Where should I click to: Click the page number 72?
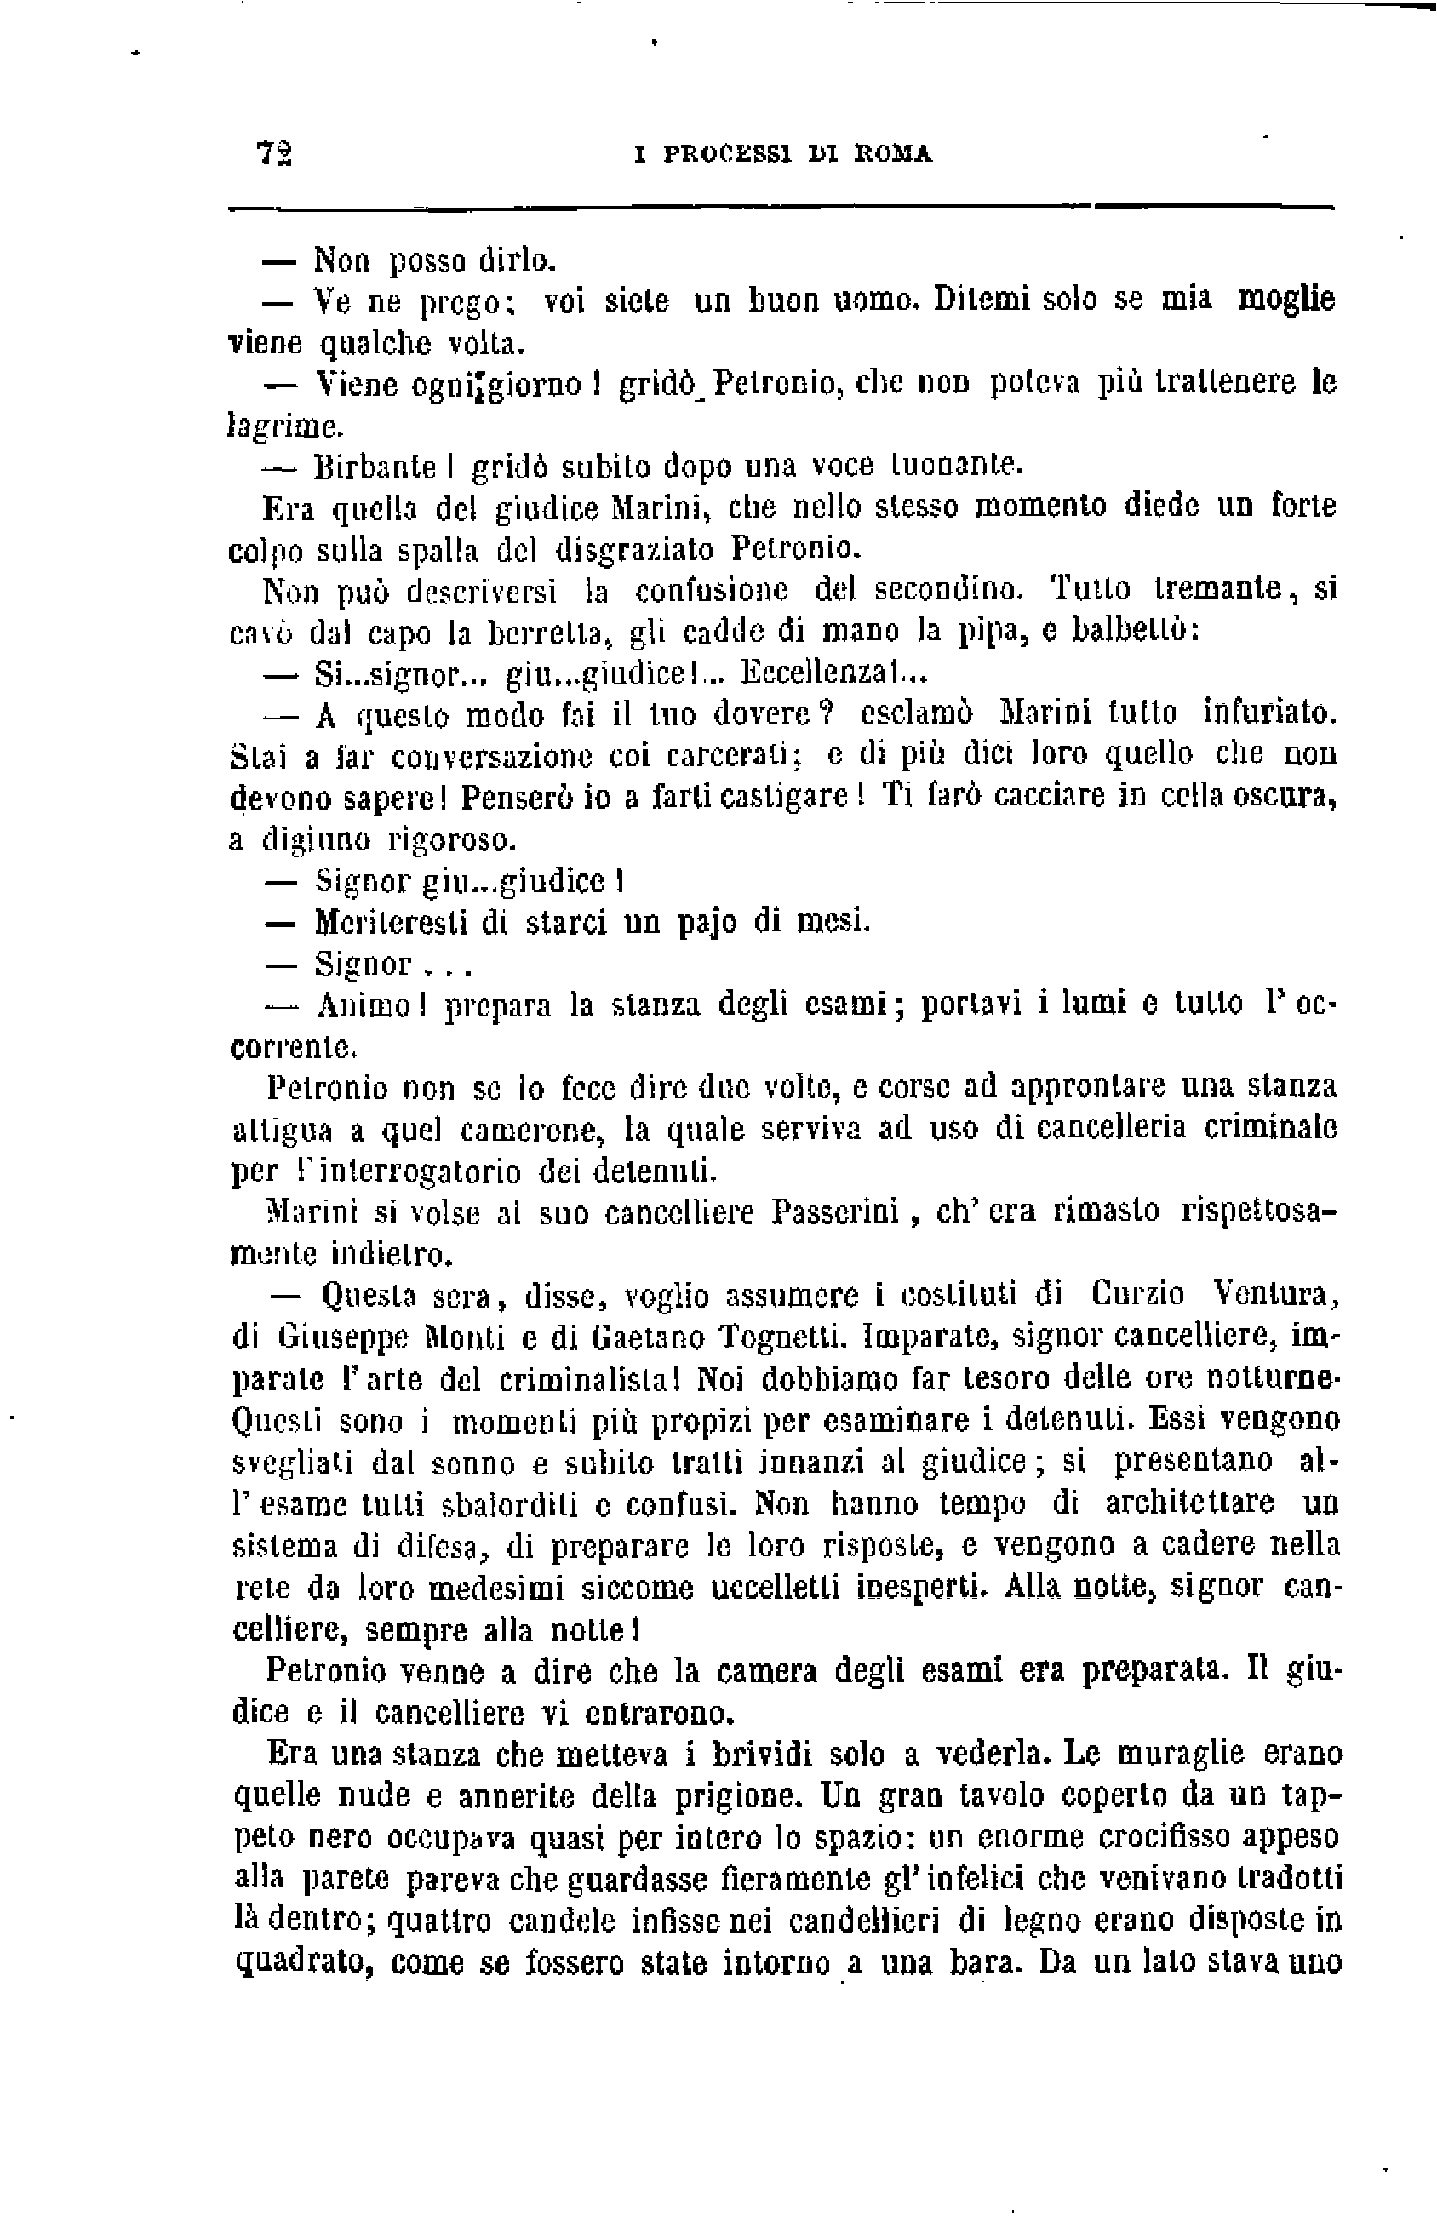274,152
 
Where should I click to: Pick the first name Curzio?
1137,1295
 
